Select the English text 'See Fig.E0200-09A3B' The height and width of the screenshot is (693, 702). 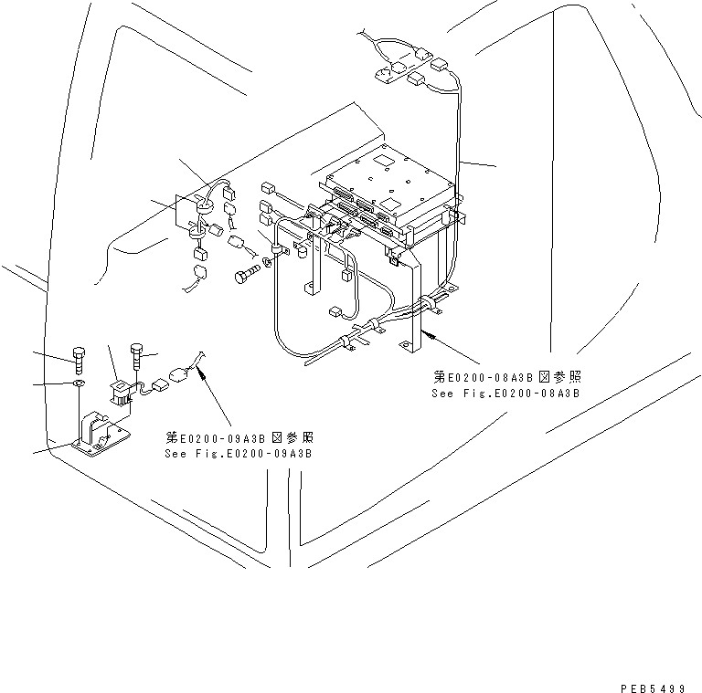point(239,453)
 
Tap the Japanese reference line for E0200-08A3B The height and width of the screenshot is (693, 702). point(507,376)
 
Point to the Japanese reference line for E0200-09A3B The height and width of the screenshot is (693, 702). point(239,436)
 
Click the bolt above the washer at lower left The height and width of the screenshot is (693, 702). point(80,360)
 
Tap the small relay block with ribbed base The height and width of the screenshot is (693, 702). point(116,392)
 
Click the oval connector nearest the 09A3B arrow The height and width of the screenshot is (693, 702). point(180,372)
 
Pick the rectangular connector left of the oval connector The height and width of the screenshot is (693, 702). point(157,384)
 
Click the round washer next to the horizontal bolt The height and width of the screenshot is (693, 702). point(266,263)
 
